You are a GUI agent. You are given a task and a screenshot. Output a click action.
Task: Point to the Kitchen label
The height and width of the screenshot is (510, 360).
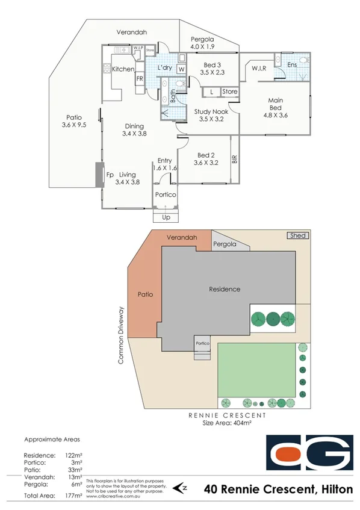123,69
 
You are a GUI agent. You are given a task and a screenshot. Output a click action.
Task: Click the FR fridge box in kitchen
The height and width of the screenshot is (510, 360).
139,79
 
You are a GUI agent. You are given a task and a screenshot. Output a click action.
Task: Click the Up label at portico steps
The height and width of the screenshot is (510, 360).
166,217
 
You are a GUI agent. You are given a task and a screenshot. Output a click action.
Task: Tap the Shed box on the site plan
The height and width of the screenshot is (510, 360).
298,236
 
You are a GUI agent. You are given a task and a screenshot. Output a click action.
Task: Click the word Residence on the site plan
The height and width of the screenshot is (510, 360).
225,289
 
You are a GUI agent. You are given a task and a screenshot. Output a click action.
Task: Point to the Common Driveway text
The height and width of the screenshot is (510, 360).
121,335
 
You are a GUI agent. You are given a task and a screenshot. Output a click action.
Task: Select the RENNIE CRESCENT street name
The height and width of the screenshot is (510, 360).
226,415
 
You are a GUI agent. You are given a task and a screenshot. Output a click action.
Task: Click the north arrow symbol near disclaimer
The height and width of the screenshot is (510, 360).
178,487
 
